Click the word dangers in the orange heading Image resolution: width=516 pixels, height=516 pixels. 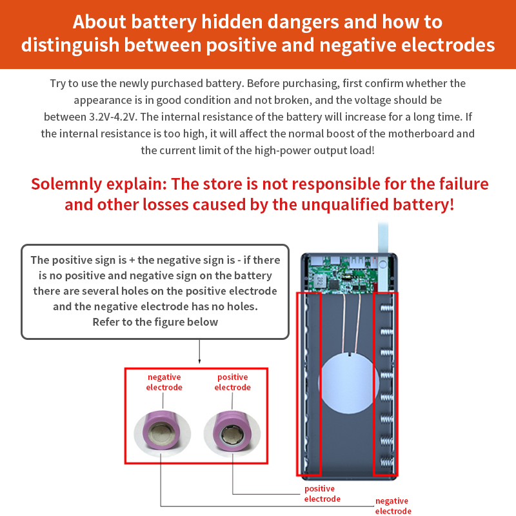click(303, 22)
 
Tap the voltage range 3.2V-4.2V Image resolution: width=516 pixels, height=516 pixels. click(112, 117)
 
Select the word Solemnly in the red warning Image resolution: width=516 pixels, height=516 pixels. click(66, 184)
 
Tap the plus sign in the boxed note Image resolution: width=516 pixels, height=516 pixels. click(132, 261)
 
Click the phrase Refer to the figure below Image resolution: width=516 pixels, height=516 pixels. click(155, 322)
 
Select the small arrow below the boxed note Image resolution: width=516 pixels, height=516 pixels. click(199, 352)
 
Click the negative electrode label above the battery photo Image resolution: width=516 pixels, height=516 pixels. click(164, 382)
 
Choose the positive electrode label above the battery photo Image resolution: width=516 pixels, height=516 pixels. click(233, 382)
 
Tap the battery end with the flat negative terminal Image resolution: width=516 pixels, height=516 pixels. click(162, 433)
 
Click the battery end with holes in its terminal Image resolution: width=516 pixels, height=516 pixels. click(233, 433)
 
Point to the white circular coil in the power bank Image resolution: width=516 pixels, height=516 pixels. click(348, 383)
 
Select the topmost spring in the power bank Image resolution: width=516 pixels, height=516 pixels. click(387, 308)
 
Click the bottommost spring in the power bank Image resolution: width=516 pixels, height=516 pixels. click(387, 462)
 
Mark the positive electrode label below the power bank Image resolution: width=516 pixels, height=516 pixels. click(322, 493)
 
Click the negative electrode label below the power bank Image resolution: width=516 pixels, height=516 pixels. click(393, 506)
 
